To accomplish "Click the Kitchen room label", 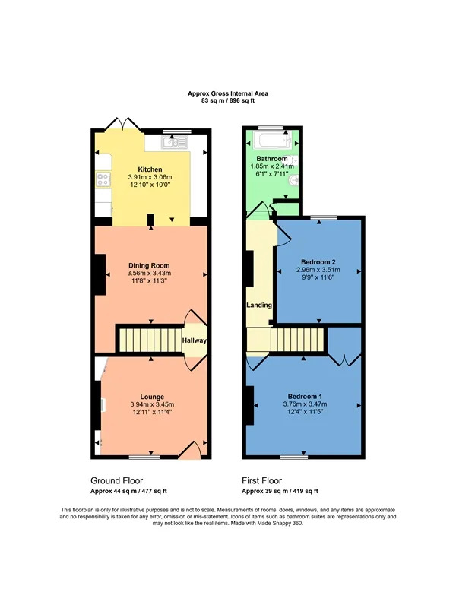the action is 150,169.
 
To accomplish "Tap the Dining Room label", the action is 149,265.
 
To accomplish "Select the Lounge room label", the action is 152,397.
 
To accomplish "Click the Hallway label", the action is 195,340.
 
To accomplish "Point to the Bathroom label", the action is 272,159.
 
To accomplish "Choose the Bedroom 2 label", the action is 318,262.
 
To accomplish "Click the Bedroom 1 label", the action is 305,396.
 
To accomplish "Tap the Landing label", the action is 259,306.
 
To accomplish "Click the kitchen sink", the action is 175,142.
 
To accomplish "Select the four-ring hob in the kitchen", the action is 103,179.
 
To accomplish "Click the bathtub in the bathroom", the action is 271,141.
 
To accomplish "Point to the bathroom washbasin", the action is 294,180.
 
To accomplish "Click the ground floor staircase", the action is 150,340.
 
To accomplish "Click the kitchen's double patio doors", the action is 123,123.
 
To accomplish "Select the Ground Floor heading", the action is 117,481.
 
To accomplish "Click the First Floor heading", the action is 261,481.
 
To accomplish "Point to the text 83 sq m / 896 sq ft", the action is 228,101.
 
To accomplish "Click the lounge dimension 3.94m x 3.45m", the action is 152,404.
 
